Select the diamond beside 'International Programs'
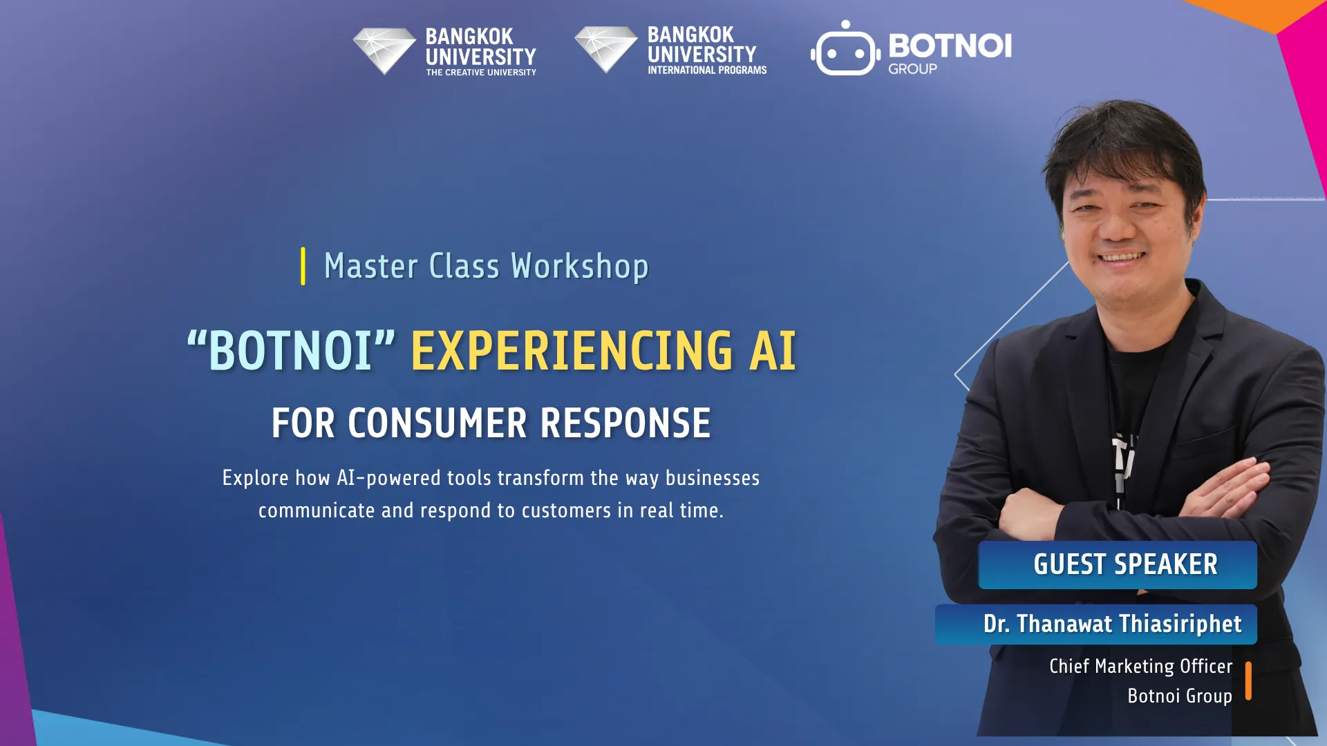(606, 49)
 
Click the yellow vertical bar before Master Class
(303, 266)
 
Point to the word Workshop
(580, 267)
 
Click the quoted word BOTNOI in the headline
(291, 350)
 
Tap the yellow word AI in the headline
(773, 350)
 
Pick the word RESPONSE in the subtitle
(625, 423)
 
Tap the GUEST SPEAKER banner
(1118, 565)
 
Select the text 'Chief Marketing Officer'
(1141, 666)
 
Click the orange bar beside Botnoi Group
(1248, 681)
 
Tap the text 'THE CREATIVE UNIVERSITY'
(481, 73)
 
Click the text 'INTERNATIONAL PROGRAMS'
(707, 70)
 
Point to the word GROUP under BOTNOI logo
(912, 69)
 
